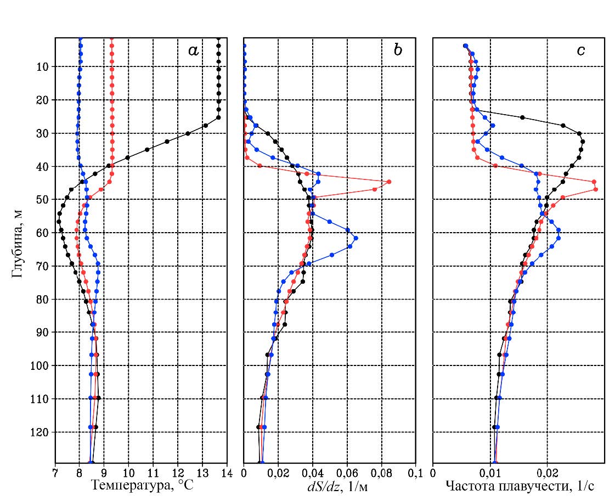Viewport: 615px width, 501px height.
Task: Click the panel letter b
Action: tap(398, 51)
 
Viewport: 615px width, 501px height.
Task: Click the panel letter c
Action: tap(580, 51)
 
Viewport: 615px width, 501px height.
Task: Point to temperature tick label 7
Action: tap(55, 472)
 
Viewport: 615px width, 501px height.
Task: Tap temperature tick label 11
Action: tap(153, 472)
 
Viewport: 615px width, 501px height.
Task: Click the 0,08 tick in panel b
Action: tap(381, 472)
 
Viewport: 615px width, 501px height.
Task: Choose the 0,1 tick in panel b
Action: tap(415, 472)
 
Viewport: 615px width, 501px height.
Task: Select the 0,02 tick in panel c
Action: tap(546, 472)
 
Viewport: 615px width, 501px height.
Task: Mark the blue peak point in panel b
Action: tap(356, 238)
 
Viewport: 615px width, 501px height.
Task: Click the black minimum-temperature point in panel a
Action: tap(58, 222)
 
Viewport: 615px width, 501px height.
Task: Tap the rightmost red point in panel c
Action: tap(596, 189)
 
